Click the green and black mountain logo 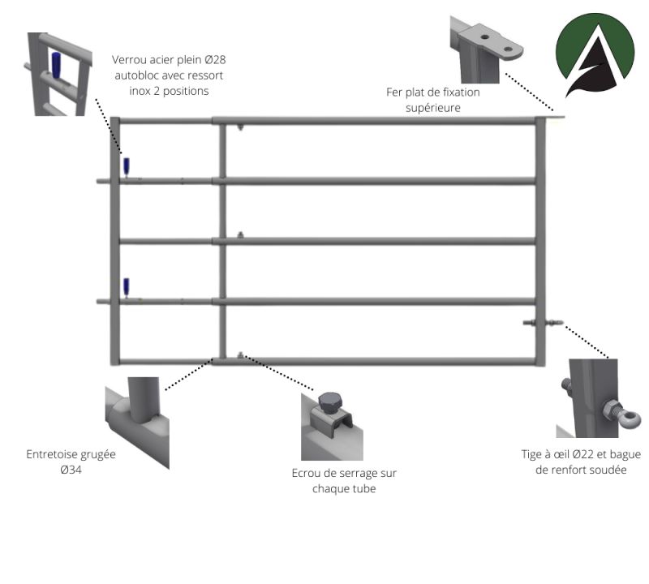click(595, 55)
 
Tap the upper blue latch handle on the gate click(127, 166)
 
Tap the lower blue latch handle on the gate click(127, 286)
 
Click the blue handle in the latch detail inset click(56, 65)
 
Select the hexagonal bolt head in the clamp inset click(329, 402)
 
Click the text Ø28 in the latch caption click(215, 59)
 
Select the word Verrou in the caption click(127, 59)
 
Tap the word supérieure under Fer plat click(433, 108)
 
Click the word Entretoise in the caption click(51, 454)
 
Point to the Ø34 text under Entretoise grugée click(71, 470)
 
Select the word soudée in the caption click(610, 470)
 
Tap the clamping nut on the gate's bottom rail click(240, 354)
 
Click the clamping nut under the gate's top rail click(240, 127)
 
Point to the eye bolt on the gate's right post click(543, 322)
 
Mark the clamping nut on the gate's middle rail click(240, 235)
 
